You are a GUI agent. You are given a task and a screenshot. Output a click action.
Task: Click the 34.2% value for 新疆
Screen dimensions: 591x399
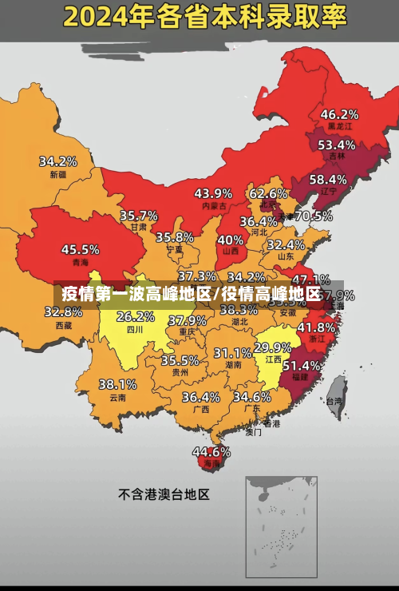click(57, 161)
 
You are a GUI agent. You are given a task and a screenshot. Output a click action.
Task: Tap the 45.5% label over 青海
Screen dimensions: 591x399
click(80, 249)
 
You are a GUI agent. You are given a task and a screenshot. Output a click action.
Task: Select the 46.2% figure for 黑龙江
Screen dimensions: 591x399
click(339, 114)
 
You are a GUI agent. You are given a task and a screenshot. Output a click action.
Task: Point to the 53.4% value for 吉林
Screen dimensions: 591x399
click(336, 145)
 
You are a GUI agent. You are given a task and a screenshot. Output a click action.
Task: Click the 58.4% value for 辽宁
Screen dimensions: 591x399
click(328, 179)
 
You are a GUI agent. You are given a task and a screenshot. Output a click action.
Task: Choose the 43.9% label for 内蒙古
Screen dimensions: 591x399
click(213, 193)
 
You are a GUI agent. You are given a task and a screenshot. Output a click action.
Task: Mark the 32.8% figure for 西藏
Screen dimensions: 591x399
click(69, 311)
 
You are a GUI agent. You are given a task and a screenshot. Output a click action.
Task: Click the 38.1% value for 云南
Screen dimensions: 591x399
click(117, 384)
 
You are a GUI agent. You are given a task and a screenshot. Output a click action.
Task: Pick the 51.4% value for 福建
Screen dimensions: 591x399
click(302, 364)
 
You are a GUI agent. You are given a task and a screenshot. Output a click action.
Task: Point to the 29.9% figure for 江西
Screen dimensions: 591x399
click(272, 347)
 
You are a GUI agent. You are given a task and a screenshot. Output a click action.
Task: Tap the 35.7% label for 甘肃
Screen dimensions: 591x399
click(138, 216)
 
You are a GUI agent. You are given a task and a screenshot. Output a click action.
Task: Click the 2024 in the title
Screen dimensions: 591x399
click(98, 15)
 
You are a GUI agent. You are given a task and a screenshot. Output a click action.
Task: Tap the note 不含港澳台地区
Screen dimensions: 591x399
click(164, 494)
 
